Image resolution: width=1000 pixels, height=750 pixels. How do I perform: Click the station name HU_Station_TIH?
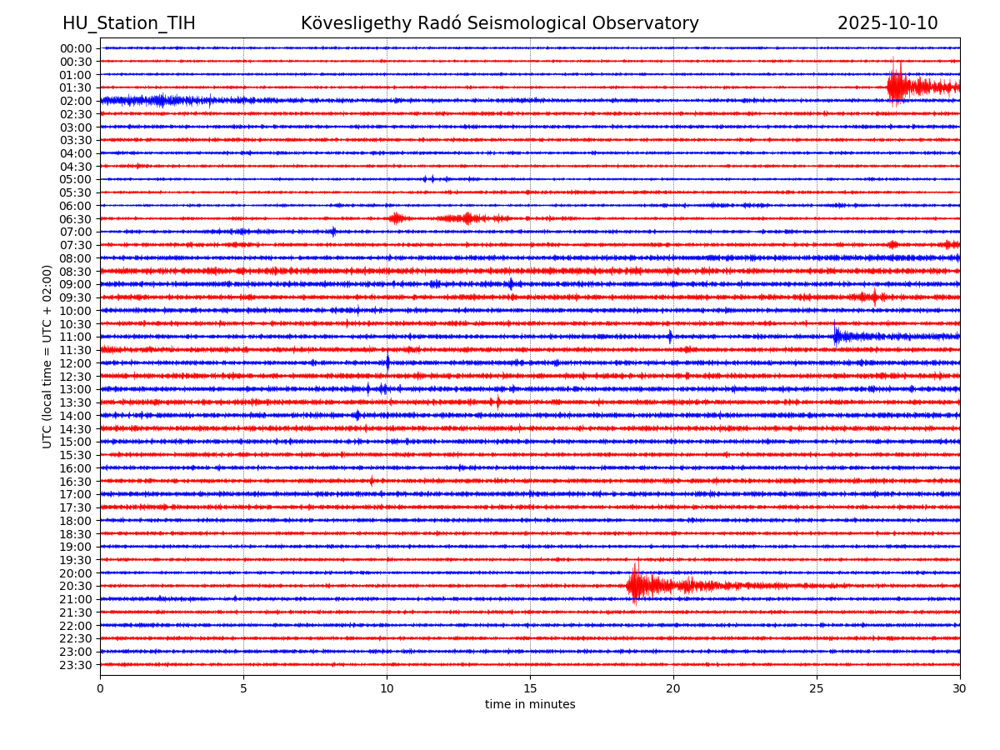(129, 24)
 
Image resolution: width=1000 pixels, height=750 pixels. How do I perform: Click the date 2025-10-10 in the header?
(887, 24)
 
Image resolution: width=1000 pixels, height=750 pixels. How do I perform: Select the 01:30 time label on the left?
(76, 87)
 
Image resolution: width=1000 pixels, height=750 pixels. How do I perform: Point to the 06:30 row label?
(76, 219)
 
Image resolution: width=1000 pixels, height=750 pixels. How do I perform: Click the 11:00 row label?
(76, 337)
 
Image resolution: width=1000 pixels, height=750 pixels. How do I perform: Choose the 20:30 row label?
(76, 586)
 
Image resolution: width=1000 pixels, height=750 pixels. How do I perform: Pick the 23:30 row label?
(76, 665)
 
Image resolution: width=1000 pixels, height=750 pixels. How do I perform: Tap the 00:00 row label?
(76, 48)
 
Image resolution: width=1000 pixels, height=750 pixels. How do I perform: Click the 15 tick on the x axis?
(530, 689)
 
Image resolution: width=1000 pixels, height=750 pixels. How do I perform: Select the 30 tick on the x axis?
(960, 689)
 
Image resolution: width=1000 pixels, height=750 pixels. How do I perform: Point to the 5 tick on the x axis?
(243, 689)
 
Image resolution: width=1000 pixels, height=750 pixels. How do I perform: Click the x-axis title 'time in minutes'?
(530, 705)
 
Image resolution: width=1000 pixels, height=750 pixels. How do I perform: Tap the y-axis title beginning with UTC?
(47, 357)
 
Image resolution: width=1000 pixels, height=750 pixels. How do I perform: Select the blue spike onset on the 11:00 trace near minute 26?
(836, 336)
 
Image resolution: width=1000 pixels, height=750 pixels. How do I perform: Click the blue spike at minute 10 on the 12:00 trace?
(387, 362)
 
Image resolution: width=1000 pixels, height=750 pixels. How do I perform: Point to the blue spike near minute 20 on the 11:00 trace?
(670, 337)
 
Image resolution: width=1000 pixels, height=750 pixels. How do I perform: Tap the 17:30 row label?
(76, 507)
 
